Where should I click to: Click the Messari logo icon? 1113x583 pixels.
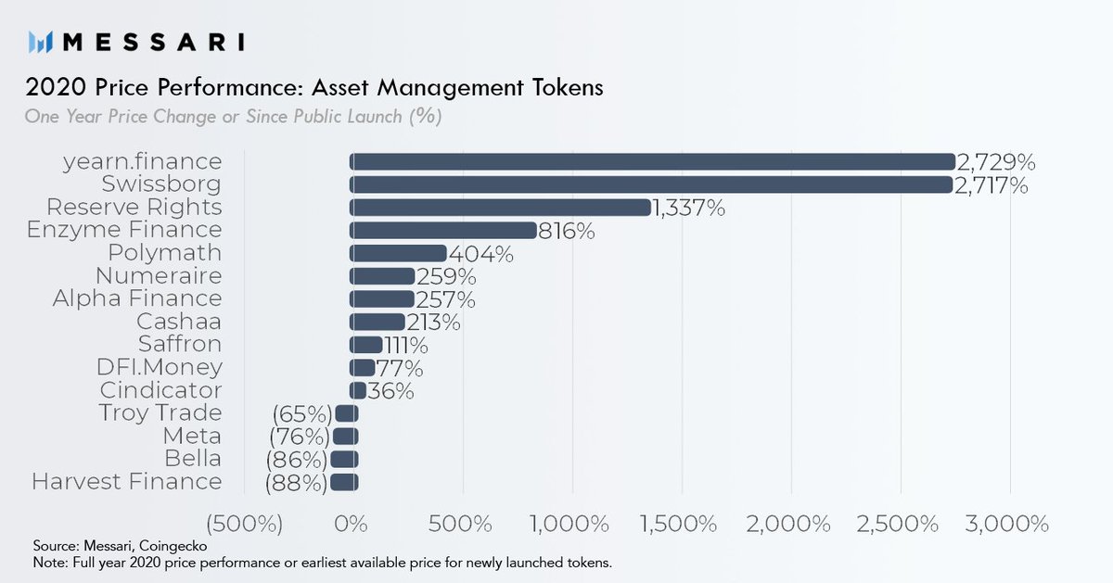pyautogui.click(x=40, y=42)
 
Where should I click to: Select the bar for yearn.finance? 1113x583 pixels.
pyautogui.click(x=652, y=161)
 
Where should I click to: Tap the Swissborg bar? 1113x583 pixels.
pyautogui.click(x=651, y=184)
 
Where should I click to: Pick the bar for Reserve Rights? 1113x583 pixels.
pyautogui.click(x=500, y=208)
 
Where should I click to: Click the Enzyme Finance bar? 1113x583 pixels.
pyautogui.click(x=443, y=230)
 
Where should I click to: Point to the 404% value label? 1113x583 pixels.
pyautogui.click(x=480, y=253)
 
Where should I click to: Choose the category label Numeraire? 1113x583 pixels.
pyautogui.click(x=159, y=275)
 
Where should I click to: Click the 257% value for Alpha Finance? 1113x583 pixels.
pyautogui.click(x=445, y=298)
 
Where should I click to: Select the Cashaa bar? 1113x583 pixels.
pyautogui.click(x=377, y=322)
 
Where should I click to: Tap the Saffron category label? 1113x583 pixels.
pyautogui.click(x=180, y=344)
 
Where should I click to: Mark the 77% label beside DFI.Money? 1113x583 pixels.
pyautogui.click(x=400, y=367)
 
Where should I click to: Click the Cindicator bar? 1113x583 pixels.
pyautogui.click(x=358, y=390)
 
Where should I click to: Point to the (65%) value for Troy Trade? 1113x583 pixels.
pyautogui.click(x=302, y=413)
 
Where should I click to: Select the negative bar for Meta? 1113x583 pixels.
pyautogui.click(x=345, y=436)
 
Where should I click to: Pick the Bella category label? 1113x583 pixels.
pyautogui.click(x=193, y=459)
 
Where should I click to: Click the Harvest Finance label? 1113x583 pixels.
pyautogui.click(x=127, y=482)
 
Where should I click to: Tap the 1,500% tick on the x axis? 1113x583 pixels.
pyautogui.click(x=681, y=524)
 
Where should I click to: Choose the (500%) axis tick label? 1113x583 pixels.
pyautogui.click(x=245, y=524)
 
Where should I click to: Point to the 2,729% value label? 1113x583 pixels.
pyautogui.click(x=995, y=163)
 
